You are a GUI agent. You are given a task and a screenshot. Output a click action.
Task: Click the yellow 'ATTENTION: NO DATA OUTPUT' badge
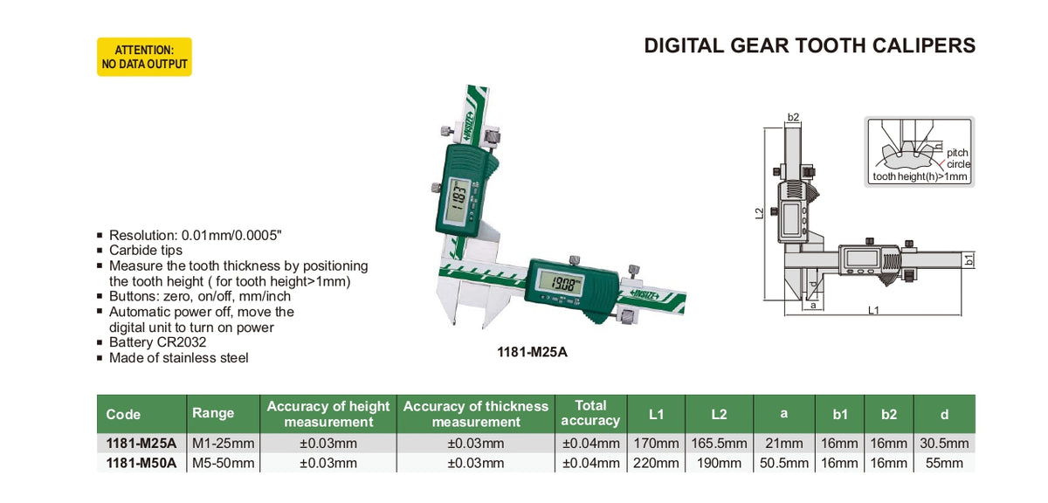pos(144,57)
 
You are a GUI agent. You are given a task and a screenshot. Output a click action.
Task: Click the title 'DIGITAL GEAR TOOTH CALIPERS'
pos(810,45)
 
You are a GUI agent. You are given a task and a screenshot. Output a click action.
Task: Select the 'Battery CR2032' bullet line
pos(157,342)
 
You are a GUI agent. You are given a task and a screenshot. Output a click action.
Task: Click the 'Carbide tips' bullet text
pos(146,250)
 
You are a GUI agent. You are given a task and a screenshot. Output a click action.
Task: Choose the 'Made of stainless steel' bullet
pos(178,358)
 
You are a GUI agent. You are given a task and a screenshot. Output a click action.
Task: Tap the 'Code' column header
pos(123,414)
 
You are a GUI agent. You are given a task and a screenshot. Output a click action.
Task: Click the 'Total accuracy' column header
pos(590,413)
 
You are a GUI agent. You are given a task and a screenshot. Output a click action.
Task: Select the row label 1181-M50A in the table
pos(140,463)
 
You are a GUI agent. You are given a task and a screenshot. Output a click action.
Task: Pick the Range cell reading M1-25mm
pos(223,443)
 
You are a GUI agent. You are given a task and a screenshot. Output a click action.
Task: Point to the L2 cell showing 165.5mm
pos(718,443)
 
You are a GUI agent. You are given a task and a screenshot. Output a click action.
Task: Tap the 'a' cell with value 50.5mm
pos(783,463)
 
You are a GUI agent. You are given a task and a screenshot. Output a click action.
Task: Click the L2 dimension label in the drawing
pos(759,212)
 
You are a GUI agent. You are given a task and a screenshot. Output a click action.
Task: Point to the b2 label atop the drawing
pos(793,117)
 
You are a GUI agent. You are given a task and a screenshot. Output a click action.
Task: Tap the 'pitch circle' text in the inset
pos(958,158)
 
